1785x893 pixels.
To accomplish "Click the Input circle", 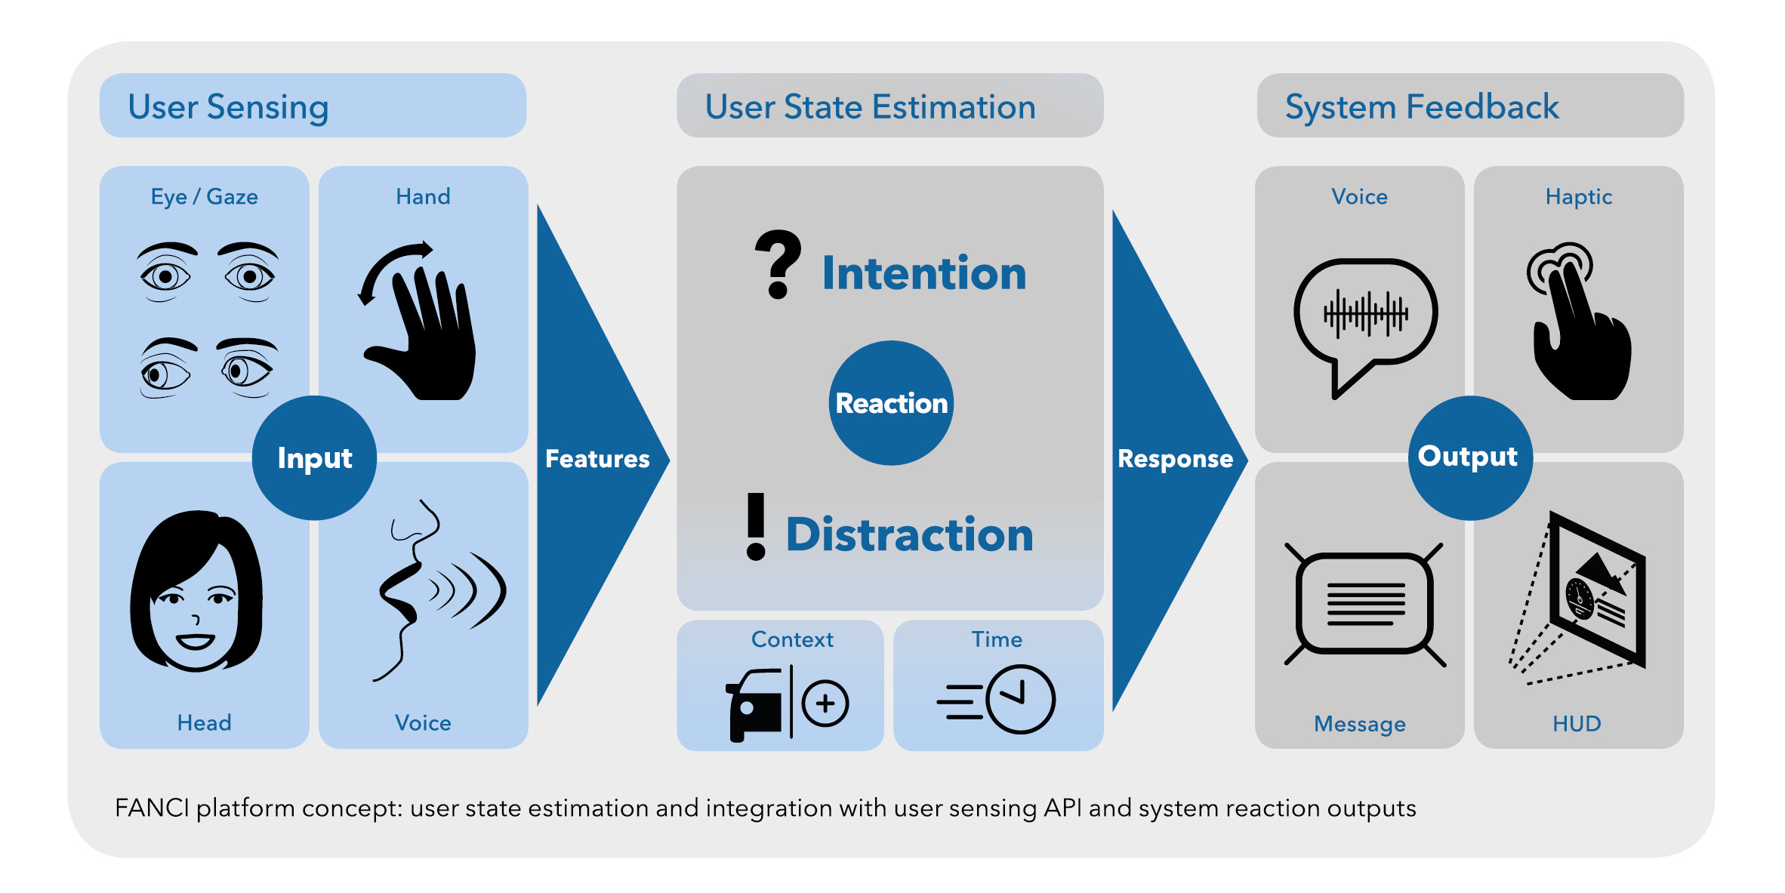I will [314, 457].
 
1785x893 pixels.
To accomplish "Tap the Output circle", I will [1469, 457].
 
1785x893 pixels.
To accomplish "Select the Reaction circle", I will [891, 403].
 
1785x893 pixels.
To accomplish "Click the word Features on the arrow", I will [597, 459].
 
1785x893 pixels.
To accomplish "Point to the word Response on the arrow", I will [1175, 459].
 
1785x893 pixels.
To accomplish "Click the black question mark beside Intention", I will [778, 264].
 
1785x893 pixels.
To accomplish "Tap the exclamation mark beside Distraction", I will [756, 526].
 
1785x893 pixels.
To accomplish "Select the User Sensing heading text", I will [228, 106].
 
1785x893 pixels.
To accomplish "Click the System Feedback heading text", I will [1422, 106].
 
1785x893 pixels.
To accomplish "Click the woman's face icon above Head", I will [196, 593].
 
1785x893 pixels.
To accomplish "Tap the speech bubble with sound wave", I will [1364, 321].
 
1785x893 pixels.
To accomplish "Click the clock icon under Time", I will [1019, 699].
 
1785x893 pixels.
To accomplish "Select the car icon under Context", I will [755, 705].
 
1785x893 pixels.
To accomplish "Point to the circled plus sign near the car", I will [825, 704].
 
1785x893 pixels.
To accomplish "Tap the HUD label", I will [1577, 723].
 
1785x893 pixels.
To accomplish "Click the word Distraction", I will [909, 534].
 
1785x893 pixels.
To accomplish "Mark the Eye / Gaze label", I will [204, 197].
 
